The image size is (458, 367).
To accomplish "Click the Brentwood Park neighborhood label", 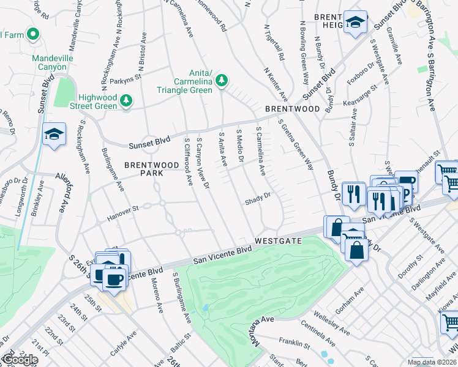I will click(144, 169).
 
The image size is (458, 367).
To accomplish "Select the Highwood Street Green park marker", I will click(126, 100).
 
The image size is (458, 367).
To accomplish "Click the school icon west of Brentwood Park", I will click(54, 135).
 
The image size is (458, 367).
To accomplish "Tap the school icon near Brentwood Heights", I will click(355, 23).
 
